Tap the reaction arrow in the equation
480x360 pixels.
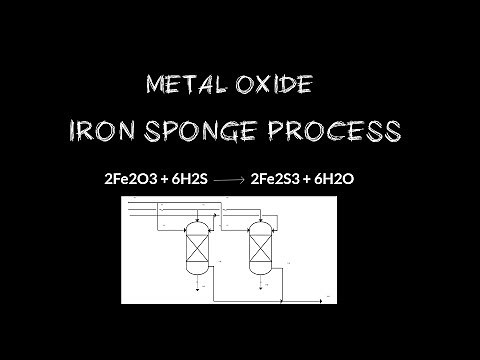tap(228, 181)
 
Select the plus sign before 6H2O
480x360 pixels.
tap(307, 180)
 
